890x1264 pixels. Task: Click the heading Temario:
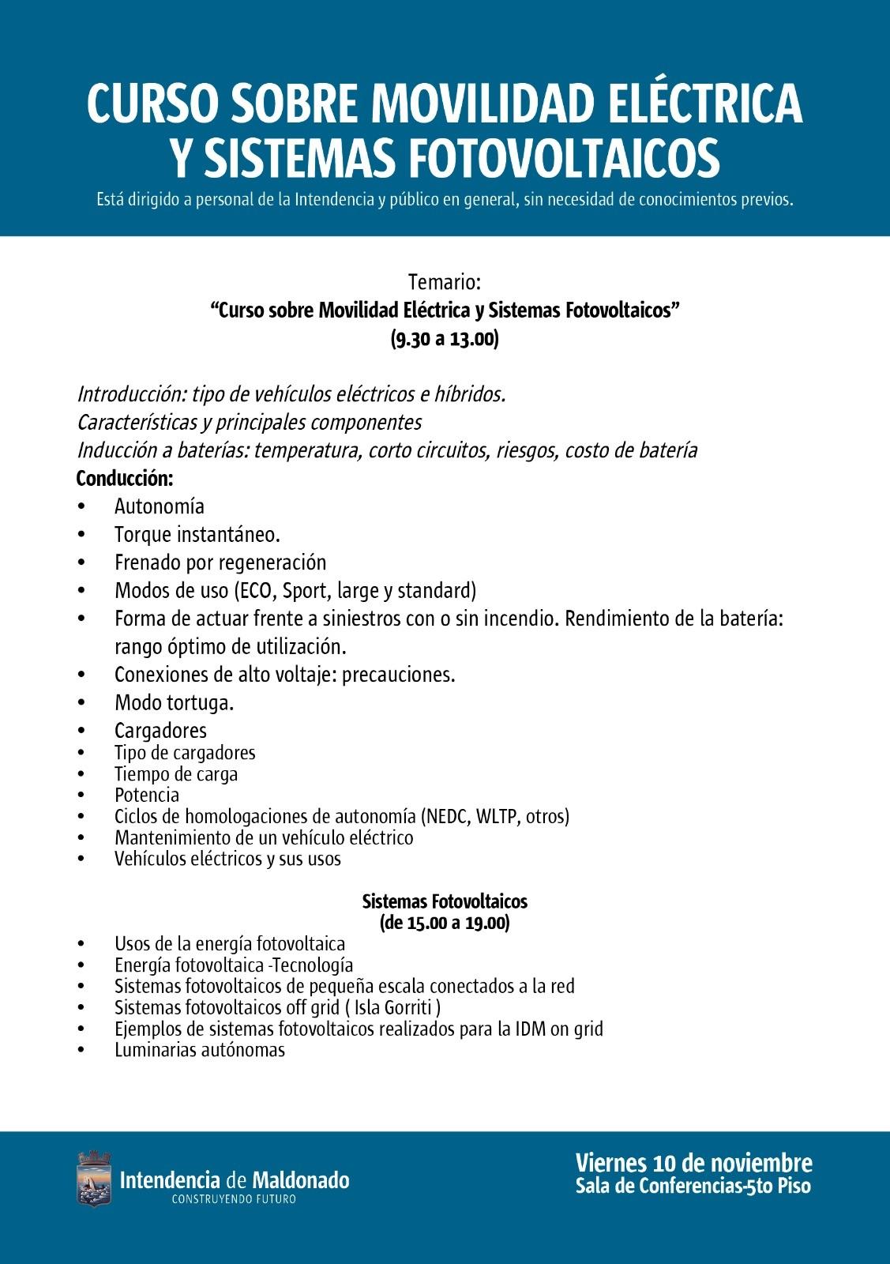coord(445,282)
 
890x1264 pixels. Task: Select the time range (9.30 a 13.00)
coord(445,339)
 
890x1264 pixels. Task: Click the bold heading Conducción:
coord(124,478)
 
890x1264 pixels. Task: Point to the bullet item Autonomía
coord(160,506)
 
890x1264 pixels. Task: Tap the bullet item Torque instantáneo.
coord(197,535)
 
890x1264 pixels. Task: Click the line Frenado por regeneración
coord(220,562)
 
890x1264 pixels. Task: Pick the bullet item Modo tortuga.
coord(175,702)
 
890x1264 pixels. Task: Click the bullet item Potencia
coord(147,795)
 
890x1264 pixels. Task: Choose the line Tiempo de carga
coord(176,774)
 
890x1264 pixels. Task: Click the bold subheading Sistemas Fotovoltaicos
coord(445,901)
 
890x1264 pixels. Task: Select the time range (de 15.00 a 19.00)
coord(445,923)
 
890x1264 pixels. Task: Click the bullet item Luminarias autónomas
coord(200,1050)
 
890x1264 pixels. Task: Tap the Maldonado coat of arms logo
coord(94,1179)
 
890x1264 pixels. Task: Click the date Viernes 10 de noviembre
coord(693,1163)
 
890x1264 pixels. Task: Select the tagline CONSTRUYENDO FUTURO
coord(234,1199)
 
